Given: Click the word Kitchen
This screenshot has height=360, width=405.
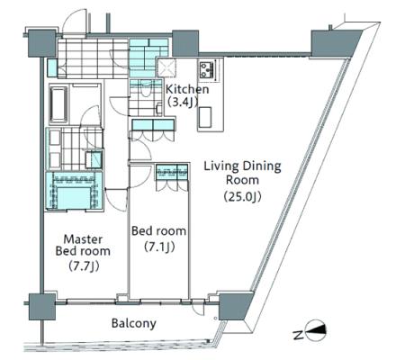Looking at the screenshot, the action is pyautogui.click(x=187, y=89).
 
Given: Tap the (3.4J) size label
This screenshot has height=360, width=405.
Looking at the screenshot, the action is pyautogui.click(x=183, y=103).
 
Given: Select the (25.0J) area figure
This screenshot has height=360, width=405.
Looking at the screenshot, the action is pyautogui.click(x=242, y=196).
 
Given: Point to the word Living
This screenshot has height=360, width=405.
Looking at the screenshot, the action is pyautogui.click(x=221, y=166).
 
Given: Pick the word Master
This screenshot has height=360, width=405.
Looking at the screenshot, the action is pyautogui.click(x=83, y=239).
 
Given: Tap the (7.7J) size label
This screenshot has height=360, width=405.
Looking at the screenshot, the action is pyautogui.click(x=84, y=265).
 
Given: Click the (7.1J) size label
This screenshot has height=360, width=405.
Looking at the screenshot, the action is pyautogui.click(x=159, y=247).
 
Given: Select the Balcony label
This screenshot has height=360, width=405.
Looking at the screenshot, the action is pyautogui.click(x=134, y=323).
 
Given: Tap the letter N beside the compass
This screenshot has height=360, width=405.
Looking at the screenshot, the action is pyautogui.click(x=297, y=335).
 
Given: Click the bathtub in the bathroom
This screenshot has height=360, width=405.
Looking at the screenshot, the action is pyautogui.click(x=58, y=103).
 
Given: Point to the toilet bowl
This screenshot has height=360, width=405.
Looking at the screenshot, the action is pyautogui.click(x=146, y=88).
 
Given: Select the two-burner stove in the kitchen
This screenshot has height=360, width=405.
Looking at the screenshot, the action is pyautogui.click(x=206, y=70).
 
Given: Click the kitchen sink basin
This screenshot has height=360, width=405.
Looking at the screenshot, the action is pyautogui.click(x=204, y=117).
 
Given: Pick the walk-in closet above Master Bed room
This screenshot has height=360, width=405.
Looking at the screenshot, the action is pyautogui.click(x=74, y=191).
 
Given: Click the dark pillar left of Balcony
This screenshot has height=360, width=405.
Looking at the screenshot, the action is pyautogui.click(x=42, y=307).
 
